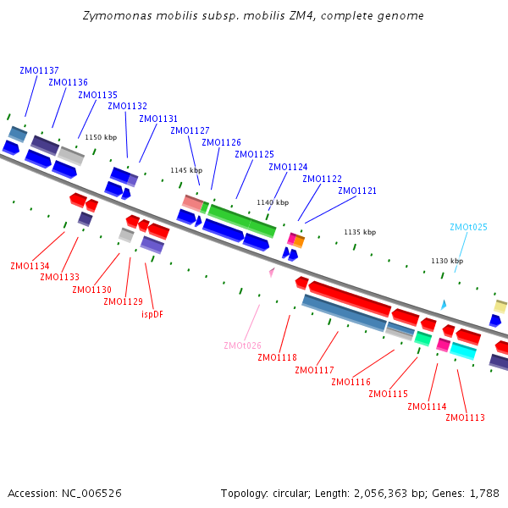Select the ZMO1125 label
pos(254,154)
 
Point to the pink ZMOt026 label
pos(242,345)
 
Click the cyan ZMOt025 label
pos(468,227)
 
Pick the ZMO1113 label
pos(465,417)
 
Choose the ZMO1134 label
pos(30,266)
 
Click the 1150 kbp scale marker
pos(100,137)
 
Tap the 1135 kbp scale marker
pos(359,232)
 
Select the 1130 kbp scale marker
pos(446,261)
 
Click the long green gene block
pos(242,220)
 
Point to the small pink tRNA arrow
pos(272,273)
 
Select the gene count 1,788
pos(483,493)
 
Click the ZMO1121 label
pos(356,190)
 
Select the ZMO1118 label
pos(277,357)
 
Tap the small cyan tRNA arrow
pos(443,304)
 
